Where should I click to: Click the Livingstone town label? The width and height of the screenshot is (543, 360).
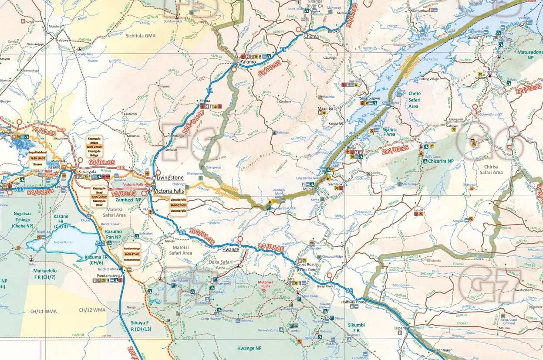(170, 178)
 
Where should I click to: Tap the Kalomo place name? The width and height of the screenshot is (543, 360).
(248, 62)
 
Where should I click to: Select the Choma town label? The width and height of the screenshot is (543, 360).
(311, 36)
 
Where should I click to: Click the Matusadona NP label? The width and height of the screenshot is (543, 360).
(529, 54)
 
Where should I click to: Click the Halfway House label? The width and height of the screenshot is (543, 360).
(354, 302)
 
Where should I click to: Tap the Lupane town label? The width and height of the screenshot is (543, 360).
(400, 328)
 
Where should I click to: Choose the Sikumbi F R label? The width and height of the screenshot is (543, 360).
(356, 328)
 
